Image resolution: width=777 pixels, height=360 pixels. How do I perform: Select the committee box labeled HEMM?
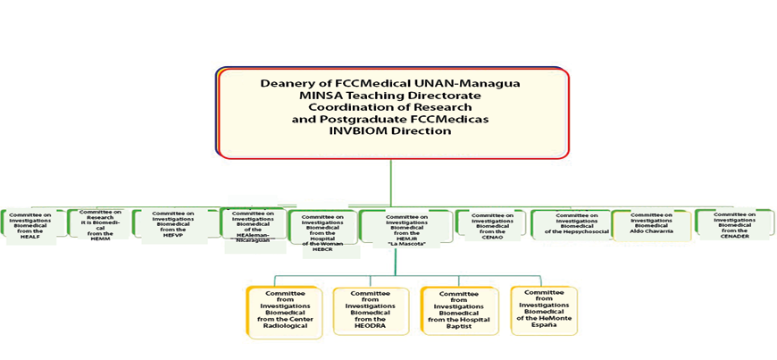99,223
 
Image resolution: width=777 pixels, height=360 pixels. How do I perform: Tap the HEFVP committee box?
174,223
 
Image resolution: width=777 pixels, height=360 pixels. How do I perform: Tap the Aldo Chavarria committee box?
651,225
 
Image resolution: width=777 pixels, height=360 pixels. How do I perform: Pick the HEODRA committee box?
370,309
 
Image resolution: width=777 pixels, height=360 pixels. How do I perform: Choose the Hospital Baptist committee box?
457,309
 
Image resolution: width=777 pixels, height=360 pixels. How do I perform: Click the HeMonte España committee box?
544,309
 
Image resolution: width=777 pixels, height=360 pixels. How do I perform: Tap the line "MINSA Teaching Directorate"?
390,95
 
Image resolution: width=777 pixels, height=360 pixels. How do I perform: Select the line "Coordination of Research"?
390,106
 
